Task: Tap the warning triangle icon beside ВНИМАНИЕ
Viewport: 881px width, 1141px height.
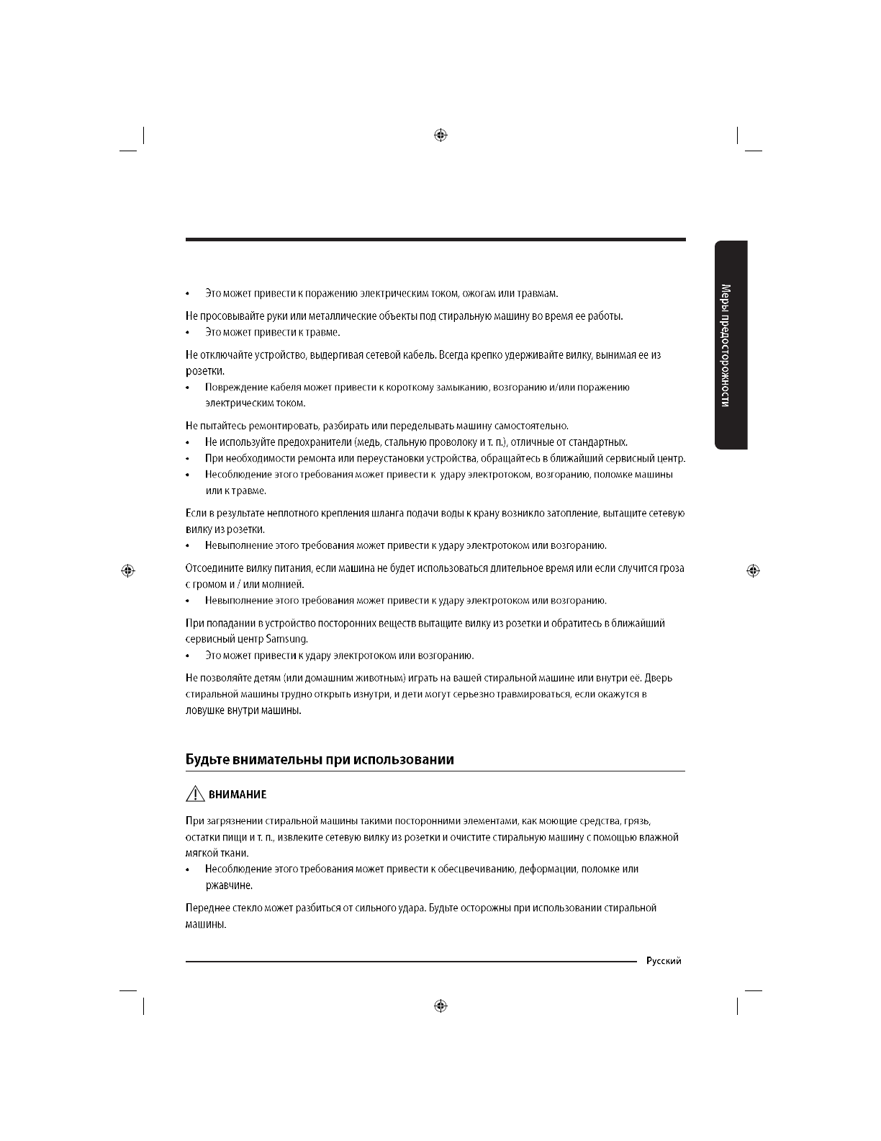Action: [x=194, y=795]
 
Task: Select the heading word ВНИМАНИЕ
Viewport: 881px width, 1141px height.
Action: [x=238, y=795]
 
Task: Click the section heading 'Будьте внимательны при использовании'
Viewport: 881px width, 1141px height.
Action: [x=320, y=759]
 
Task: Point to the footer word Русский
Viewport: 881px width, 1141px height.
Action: [x=664, y=961]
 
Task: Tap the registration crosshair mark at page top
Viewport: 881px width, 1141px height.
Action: [x=441, y=135]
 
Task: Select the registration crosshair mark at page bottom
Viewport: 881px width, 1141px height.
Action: [x=441, y=1006]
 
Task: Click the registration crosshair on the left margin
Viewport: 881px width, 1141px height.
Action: [x=128, y=570]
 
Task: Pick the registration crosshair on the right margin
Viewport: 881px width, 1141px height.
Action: [x=753, y=570]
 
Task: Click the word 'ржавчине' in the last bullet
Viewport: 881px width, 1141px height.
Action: [x=228, y=885]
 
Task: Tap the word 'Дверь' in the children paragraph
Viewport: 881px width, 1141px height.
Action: [x=659, y=678]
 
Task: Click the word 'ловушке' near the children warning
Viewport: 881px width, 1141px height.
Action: [x=205, y=710]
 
